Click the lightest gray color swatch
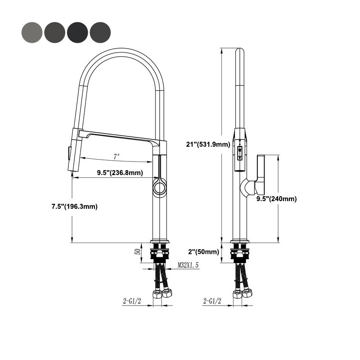(x=31, y=31)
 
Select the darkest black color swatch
(x=77, y=31)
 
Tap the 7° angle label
(x=117, y=157)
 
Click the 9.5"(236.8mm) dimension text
(x=120, y=173)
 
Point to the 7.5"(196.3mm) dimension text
(x=74, y=207)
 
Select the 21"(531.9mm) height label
(x=208, y=144)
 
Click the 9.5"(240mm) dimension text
(x=276, y=198)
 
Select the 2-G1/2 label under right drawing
(x=212, y=301)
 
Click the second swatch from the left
(x=54, y=31)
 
